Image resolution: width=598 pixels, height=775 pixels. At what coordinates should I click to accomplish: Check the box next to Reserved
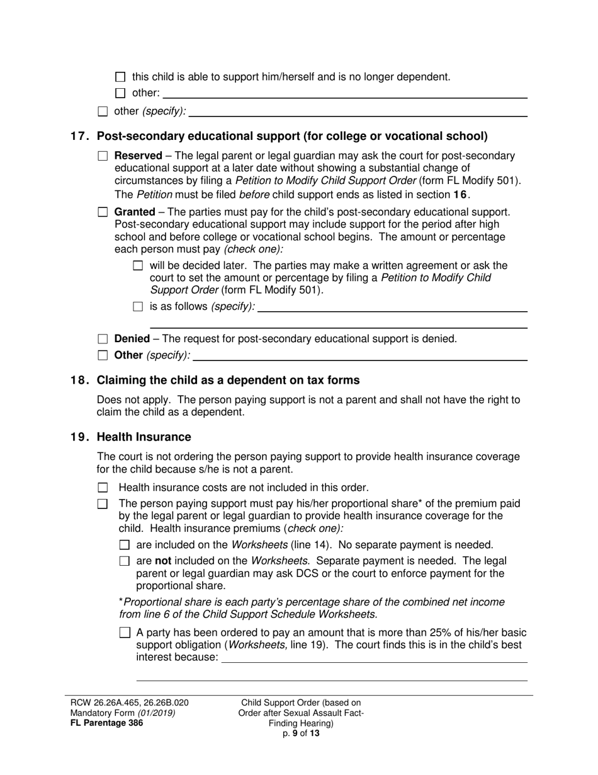[103, 156]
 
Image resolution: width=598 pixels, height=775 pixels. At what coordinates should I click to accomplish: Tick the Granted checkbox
[103, 212]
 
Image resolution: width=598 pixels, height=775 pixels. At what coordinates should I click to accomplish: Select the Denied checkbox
[103, 339]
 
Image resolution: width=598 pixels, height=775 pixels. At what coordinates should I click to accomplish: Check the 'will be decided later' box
[138, 266]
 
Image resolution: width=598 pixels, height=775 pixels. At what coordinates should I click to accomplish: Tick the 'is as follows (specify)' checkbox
[138, 307]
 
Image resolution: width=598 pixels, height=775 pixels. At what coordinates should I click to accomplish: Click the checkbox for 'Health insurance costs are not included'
[103, 488]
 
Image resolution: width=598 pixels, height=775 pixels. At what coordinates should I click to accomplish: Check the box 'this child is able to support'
[121, 77]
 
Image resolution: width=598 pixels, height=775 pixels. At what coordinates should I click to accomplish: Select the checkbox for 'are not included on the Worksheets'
[125, 561]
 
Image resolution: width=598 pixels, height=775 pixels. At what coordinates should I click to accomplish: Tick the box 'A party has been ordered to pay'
[125, 633]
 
